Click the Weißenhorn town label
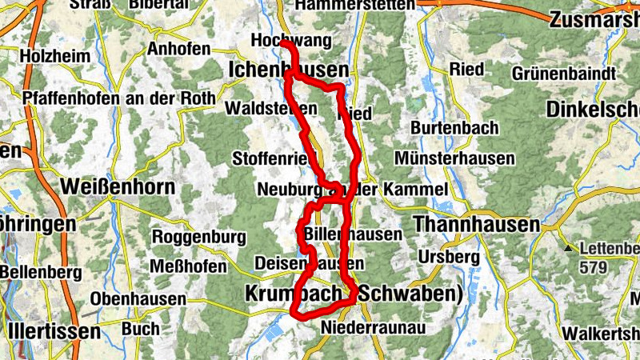pyautogui.click(x=117, y=187)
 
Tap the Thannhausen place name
pyautogui.click(x=477, y=225)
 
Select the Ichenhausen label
pyautogui.click(x=288, y=70)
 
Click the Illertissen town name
pyautogui.click(x=54, y=330)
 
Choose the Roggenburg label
pyautogui.click(x=198, y=237)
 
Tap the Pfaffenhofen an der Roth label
pyautogui.click(x=120, y=98)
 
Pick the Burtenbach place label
pyautogui.click(x=454, y=128)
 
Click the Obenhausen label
pyautogui.click(x=138, y=299)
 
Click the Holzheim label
pyautogui.click(x=51, y=56)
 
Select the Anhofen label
pyautogui.click(x=178, y=49)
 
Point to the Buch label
pyautogui.click(x=141, y=328)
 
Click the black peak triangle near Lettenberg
pyautogui.click(x=569, y=249)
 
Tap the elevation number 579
pyautogui.click(x=592, y=268)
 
